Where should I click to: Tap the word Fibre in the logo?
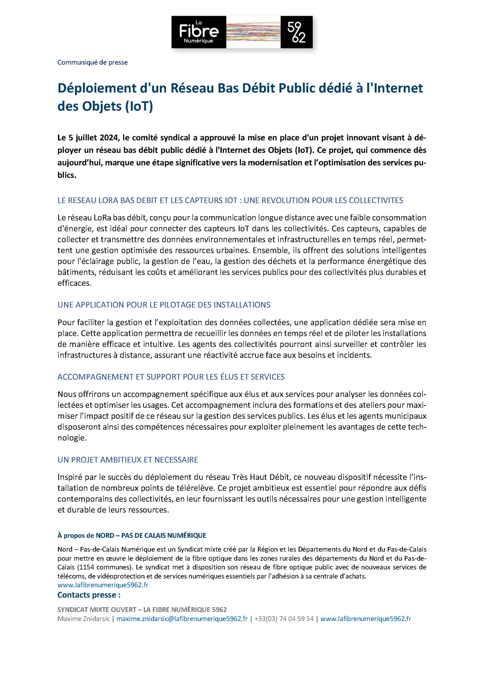(199, 31)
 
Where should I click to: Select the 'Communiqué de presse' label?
(92, 62)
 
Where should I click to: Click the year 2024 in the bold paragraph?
(109, 138)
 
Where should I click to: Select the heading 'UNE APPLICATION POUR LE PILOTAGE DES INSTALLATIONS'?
(164, 305)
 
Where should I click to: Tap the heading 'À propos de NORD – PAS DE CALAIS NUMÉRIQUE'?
(131, 535)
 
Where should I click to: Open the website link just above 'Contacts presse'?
(103, 585)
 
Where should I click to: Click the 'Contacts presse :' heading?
(89, 595)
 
